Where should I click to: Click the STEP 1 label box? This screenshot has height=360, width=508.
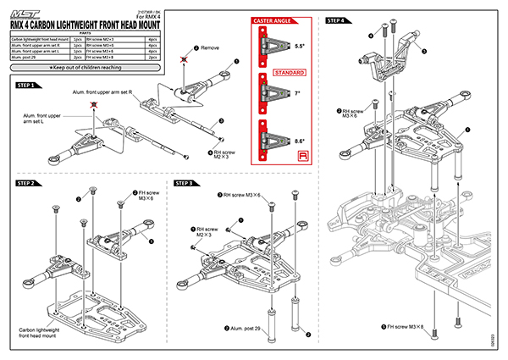(x=29, y=86)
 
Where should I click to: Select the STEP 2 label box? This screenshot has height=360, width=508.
(x=29, y=182)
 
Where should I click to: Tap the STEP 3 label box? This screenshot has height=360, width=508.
(x=188, y=182)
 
